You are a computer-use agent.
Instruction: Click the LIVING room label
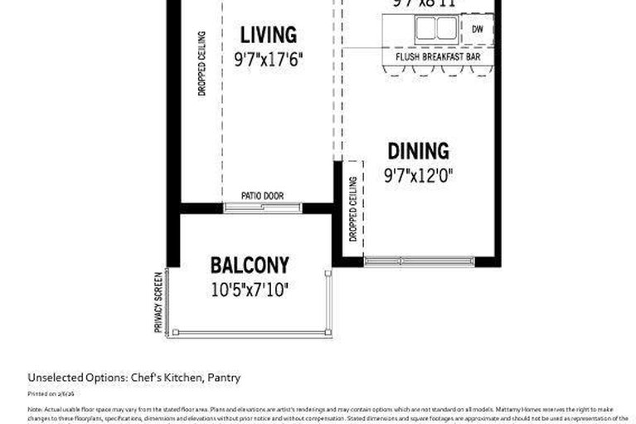point(268,36)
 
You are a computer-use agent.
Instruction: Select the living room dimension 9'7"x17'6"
point(268,60)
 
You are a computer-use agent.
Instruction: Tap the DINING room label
point(419,152)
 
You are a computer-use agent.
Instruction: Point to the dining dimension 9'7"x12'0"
point(419,176)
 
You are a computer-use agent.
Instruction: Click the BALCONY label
point(250,266)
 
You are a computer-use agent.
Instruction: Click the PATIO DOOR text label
point(262,196)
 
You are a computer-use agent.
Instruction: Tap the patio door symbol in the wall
point(263,207)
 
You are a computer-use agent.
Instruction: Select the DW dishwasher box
point(477,29)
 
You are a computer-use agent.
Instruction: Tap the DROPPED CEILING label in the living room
point(201,64)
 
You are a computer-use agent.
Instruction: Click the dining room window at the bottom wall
point(420,261)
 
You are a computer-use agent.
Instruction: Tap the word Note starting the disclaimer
point(35,410)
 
